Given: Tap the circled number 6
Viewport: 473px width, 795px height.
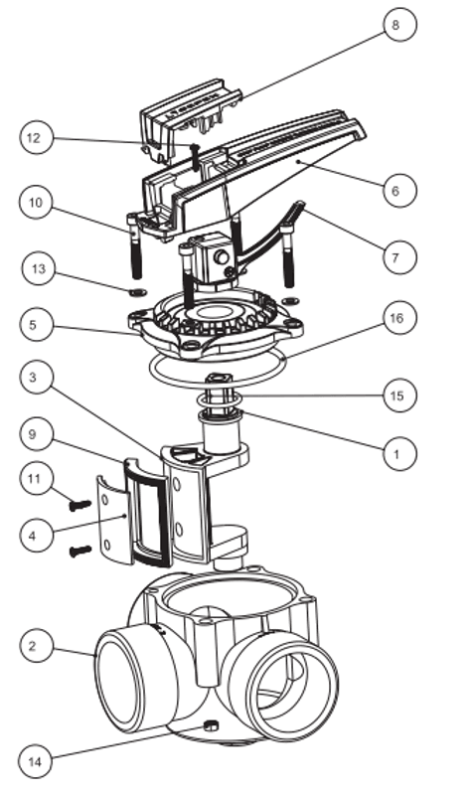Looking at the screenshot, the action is point(399,191).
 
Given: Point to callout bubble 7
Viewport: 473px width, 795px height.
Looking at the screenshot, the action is point(399,257).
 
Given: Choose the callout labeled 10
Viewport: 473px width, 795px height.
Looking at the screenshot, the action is point(36,203).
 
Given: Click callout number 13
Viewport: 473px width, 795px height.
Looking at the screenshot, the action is point(39,268).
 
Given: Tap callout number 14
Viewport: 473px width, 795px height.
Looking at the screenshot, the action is point(35,761).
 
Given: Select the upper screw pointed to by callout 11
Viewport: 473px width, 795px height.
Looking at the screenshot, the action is point(80,505).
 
